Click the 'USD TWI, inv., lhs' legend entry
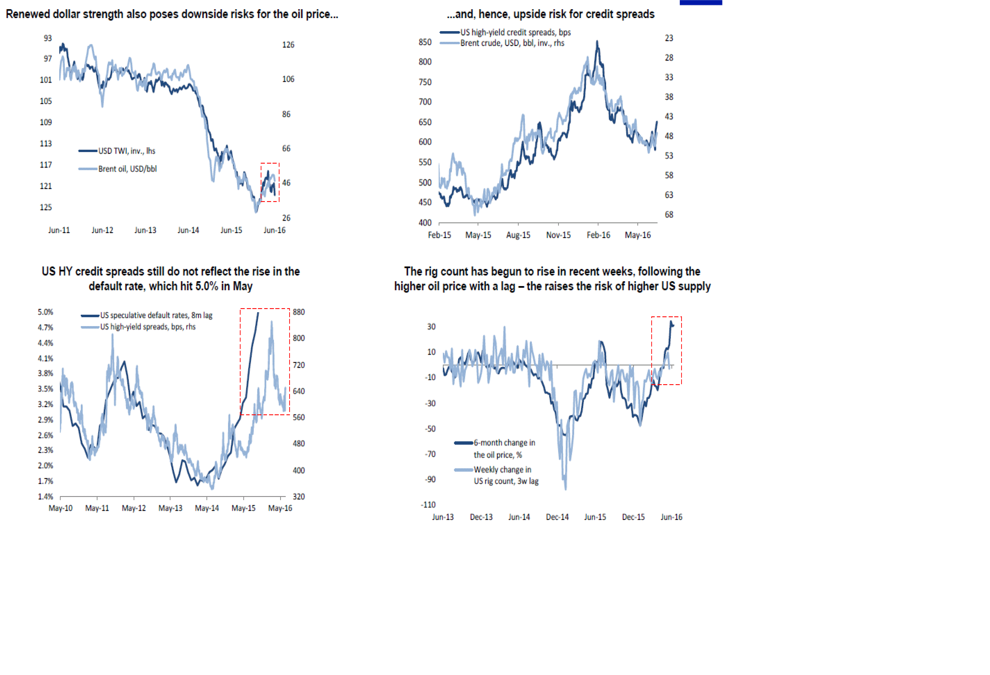127,151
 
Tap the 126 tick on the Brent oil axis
288,45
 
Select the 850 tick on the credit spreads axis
425,42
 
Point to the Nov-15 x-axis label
558,235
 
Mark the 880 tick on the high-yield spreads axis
299,312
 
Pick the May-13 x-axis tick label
170,508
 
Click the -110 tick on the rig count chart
428,505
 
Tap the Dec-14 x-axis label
557,517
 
